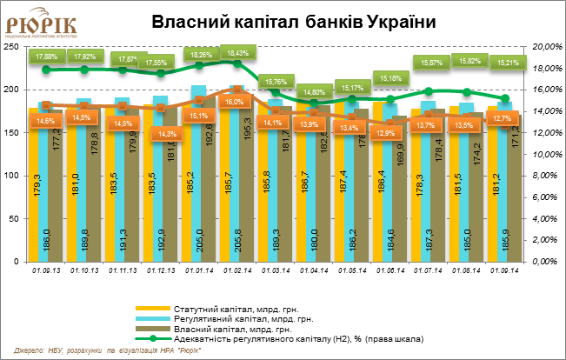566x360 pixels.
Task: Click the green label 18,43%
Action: coord(237,53)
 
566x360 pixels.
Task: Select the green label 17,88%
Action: coord(45,57)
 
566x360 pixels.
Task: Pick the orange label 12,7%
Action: coord(501,119)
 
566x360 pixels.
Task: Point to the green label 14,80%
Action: coord(314,91)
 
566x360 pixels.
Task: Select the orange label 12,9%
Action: coord(386,132)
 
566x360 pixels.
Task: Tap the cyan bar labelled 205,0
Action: coord(198,174)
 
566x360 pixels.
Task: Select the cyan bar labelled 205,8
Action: coord(236,174)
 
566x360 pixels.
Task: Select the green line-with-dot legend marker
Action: coord(153,337)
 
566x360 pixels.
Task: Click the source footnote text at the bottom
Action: coord(108,349)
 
